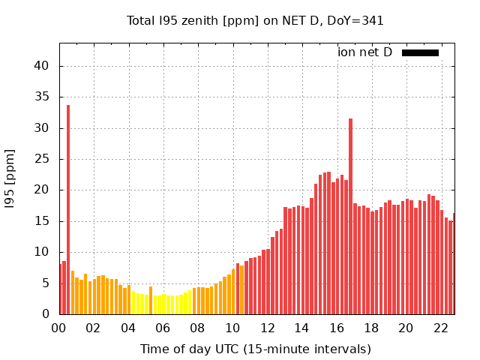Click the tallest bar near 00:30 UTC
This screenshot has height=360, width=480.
tap(68, 210)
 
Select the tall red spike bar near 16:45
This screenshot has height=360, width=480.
tap(350, 217)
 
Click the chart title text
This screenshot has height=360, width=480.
tap(255, 21)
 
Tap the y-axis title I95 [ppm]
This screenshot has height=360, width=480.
tap(10, 178)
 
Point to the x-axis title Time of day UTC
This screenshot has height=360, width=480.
tap(255, 349)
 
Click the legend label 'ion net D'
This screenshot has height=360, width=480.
tap(364, 52)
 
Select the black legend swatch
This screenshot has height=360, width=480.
tap(420, 52)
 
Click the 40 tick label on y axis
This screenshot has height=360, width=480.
tap(42, 66)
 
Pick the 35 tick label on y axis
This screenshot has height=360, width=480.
tap(42, 97)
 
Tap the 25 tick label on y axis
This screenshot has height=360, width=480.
tap(42, 159)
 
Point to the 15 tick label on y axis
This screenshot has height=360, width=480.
tap(42, 221)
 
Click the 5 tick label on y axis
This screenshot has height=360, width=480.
tap(46, 283)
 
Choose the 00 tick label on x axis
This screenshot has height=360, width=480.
tap(58, 328)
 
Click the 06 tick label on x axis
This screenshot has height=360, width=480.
tap(163, 328)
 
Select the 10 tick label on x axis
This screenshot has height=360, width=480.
tap(232, 328)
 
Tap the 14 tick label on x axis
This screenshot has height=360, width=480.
tap(301, 328)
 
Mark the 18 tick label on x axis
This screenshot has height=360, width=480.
tap(371, 328)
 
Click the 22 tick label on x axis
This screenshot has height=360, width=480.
tap(441, 328)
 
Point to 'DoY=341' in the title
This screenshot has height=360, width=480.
tap(358, 21)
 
